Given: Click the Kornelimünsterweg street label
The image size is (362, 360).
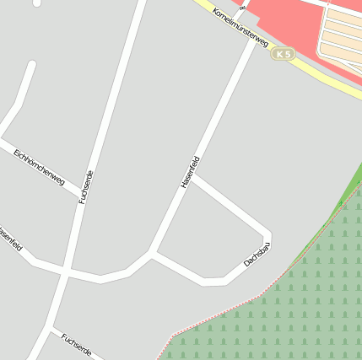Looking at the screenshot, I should tap(240, 28).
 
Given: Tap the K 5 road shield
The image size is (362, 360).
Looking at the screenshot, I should tap(283, 54).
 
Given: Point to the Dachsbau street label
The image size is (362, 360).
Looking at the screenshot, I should tap(257, 254).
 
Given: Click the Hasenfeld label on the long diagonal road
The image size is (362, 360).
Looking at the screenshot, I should tap(190, 172).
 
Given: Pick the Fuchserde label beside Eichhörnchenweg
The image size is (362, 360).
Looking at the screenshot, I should tap(85, 186).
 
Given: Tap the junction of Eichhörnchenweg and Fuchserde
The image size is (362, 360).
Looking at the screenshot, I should tap(81, 191).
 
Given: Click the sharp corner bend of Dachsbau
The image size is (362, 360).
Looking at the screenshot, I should tap(268, 234).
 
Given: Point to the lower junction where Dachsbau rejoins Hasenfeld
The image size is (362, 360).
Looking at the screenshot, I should tap(151, 252).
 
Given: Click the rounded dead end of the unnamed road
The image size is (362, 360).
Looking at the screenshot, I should tap(32, 65).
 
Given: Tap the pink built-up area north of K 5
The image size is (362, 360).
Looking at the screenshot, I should tap(278, 17).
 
